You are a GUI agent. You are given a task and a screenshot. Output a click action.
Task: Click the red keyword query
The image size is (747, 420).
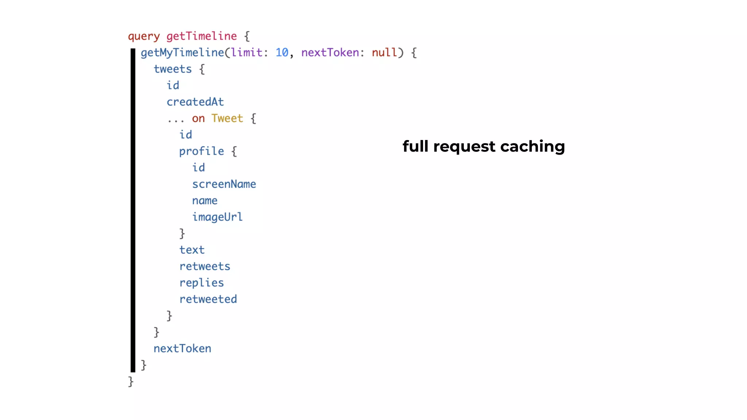click(x=144, y=36)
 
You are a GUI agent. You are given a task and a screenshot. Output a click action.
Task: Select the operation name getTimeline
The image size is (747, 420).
click(x=201, y=36)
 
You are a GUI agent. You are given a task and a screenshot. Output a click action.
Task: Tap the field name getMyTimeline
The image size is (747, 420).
click(x=182, y=53)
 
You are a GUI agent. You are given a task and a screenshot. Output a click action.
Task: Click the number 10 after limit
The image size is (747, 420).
click(x=282, y=52)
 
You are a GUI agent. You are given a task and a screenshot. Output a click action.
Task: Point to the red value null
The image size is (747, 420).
click(x=384, y=52)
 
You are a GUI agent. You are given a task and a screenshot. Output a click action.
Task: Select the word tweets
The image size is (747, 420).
click(x=173, y=69)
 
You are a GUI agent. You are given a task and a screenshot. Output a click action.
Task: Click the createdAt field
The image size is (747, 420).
click(x=195, y=102)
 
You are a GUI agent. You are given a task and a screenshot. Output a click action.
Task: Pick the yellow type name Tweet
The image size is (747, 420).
click(x=227, y=118)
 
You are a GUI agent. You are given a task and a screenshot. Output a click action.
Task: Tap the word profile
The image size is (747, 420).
click(x=201, y=151)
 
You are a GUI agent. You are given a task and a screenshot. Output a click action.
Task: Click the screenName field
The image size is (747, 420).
click(x=224, y=184)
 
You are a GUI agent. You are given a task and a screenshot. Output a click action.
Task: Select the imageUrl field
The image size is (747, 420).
click(x=217, y=217)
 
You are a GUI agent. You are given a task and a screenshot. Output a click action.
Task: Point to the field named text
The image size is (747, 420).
click(x=192, y=250)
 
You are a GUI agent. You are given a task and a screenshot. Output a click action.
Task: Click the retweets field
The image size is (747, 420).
click(x=205, y=266)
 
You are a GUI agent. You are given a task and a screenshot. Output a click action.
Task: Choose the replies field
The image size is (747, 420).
click(x=201, y=283)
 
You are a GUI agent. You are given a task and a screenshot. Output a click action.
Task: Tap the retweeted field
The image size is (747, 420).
click(x=208, y=299)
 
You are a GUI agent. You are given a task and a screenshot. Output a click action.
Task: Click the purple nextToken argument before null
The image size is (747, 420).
click(x=330, y=52)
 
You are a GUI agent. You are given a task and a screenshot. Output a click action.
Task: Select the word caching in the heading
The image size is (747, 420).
click(x=533, y=147)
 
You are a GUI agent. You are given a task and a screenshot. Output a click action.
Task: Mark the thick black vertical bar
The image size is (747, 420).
click(x=133, y=210)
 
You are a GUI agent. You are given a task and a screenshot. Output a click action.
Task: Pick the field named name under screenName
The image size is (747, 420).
click(x=205, y=201)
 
